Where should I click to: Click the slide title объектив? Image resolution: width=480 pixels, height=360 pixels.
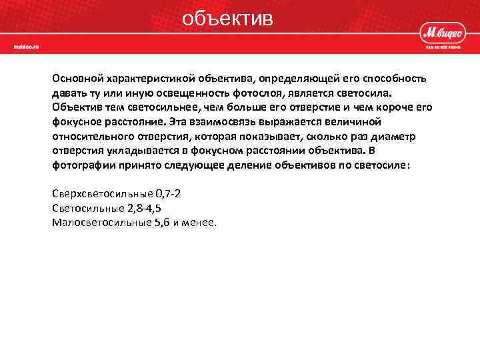point(227,18)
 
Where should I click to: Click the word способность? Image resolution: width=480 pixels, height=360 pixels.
point(394,79)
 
